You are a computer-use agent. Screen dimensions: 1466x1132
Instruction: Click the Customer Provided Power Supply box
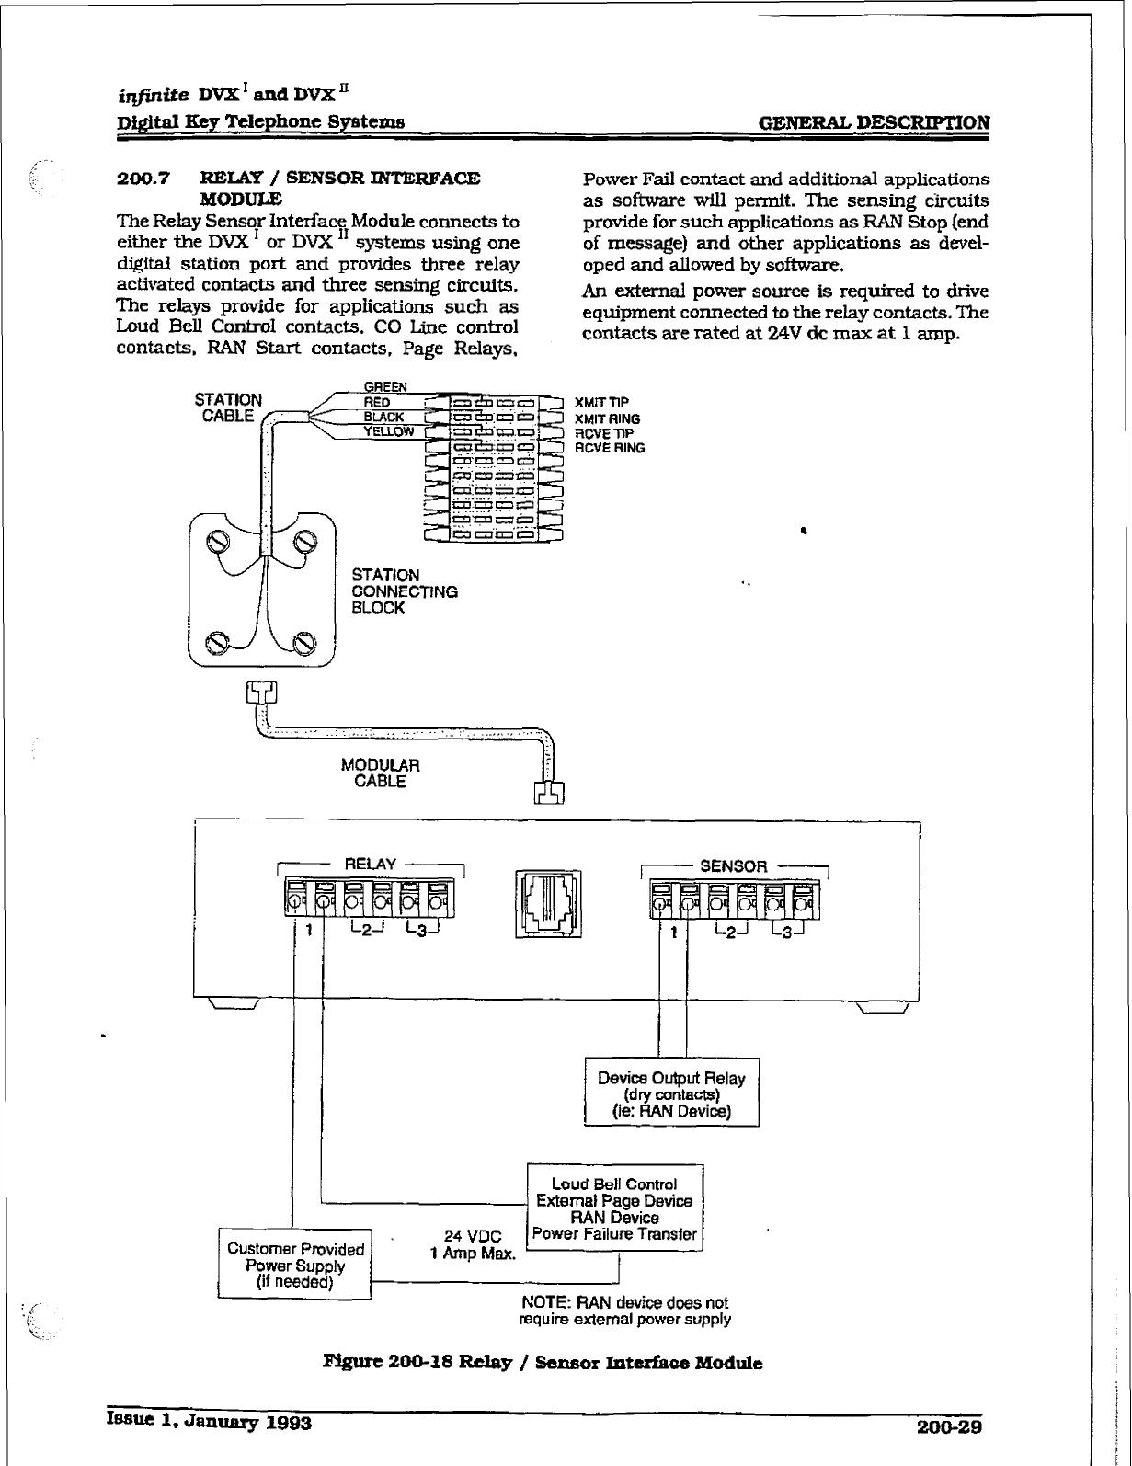tap(294, 1265)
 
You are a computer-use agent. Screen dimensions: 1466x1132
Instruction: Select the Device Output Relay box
tap(671, 1094)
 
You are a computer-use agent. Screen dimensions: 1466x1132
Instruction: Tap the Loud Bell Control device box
tap(614, 1208)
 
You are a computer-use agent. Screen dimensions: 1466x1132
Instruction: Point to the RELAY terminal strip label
tap(370, 865)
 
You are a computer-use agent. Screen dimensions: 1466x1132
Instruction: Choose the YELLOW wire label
tap(389, 431)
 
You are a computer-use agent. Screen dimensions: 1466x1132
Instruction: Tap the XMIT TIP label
tap(601, 403)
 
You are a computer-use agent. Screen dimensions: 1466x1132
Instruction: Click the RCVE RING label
tap(609, 448)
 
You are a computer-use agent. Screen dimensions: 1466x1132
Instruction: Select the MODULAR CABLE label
tap(380, 773)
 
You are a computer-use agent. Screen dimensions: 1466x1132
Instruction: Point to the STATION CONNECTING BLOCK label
tap(405, 591)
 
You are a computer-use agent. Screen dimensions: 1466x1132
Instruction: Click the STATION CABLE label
tap(228, 407)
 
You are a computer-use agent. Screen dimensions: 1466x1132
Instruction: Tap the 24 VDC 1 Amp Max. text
tap(473, 1245)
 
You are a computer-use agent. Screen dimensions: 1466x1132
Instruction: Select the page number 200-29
tap(950, 1426)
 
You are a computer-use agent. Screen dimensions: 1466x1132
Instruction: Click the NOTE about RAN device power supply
tap(625, 1311)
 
